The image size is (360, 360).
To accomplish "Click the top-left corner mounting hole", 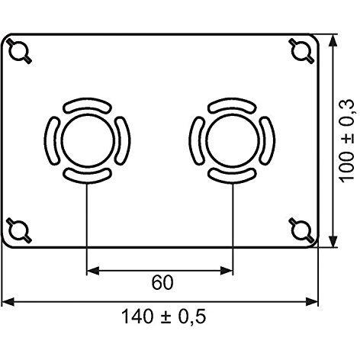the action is coord(19,51).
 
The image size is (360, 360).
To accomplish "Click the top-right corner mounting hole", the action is coord(301,51).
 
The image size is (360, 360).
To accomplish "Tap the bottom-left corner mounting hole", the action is coord(19,230).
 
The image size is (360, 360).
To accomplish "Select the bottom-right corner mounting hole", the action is coord(301,230).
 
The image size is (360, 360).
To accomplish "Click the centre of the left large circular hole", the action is coord(88,140).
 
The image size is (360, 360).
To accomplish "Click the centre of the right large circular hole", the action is coord(233,140).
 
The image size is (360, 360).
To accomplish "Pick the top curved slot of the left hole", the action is coord(87,104).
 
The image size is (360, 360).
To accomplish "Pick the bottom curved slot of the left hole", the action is coord(87,175).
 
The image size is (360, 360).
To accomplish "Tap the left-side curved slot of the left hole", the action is coord(51,140).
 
